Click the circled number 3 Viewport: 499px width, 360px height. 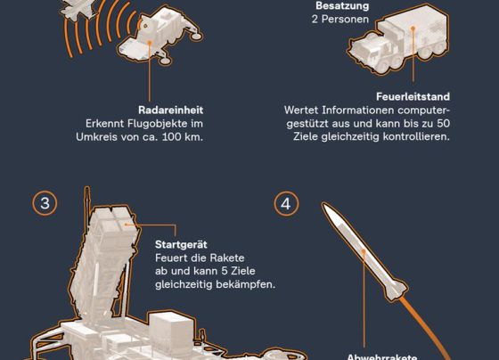(45, 203)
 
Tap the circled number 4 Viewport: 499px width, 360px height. (286, 204)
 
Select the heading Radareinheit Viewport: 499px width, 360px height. (170, 110)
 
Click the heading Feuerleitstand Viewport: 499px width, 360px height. (413, 97)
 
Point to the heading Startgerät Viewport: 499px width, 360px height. (181, 244)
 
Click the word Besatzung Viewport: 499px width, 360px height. (342, 5)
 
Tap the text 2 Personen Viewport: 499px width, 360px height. (340, 19)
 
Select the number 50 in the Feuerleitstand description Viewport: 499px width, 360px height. (443, 124)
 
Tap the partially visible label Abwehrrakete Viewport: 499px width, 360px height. (381, 356)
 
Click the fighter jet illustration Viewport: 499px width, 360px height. (77, 9)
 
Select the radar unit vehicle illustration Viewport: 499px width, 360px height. (160, 36)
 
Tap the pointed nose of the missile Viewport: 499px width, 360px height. (323, 204)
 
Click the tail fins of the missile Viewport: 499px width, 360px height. (397, 290)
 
